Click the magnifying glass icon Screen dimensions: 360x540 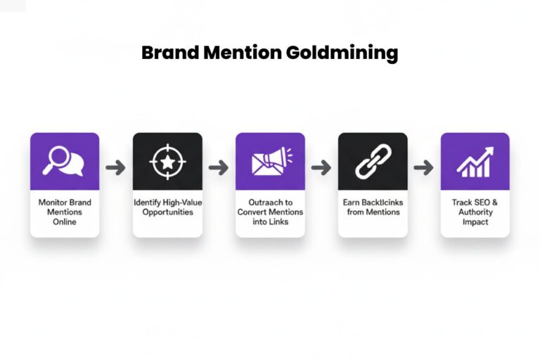point(63,161)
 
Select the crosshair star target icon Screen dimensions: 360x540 point(167,161)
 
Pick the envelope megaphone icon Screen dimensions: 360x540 point(270,161)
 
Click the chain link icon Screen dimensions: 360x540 point(373,161)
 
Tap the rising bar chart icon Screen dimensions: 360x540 point(475,161)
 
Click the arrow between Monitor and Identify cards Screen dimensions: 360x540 point(116,167)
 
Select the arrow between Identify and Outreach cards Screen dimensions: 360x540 point(219,167)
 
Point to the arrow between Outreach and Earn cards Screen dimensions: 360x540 point(321,167)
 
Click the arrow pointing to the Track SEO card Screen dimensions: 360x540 point(424,167)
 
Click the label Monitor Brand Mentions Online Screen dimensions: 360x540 point(65,212)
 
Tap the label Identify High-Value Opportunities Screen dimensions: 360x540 point(167,207)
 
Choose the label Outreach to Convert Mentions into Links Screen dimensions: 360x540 point(270,212)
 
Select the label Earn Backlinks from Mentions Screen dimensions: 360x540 point(373,207)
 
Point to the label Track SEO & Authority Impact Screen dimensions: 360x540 point(475,212)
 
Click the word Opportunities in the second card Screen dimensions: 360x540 point(167,212)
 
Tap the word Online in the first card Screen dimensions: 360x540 point(65,221)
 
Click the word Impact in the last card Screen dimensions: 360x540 point(475,221)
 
